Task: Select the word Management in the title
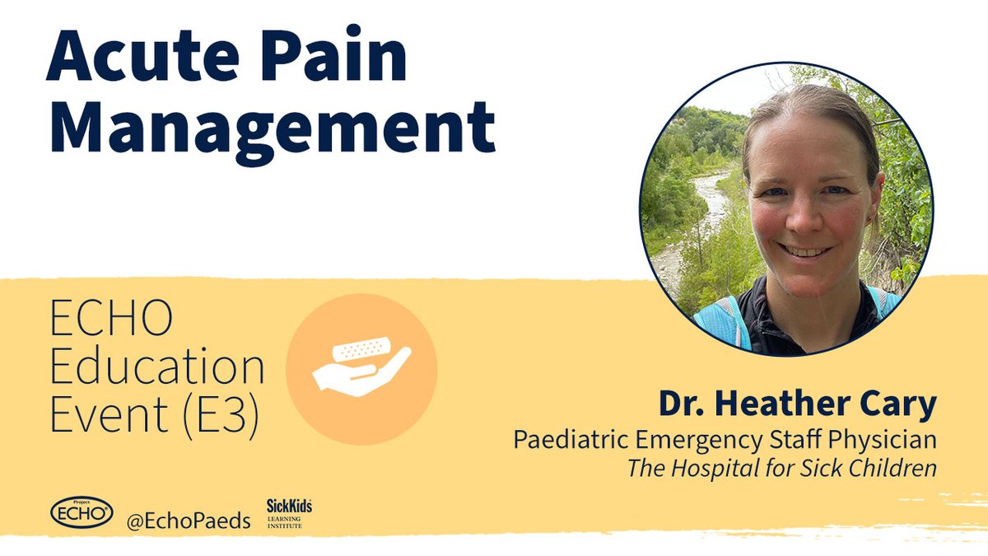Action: (x=271, y=130)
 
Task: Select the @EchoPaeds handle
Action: (x=189, y=521)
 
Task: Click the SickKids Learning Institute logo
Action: (x=288, y=513)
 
